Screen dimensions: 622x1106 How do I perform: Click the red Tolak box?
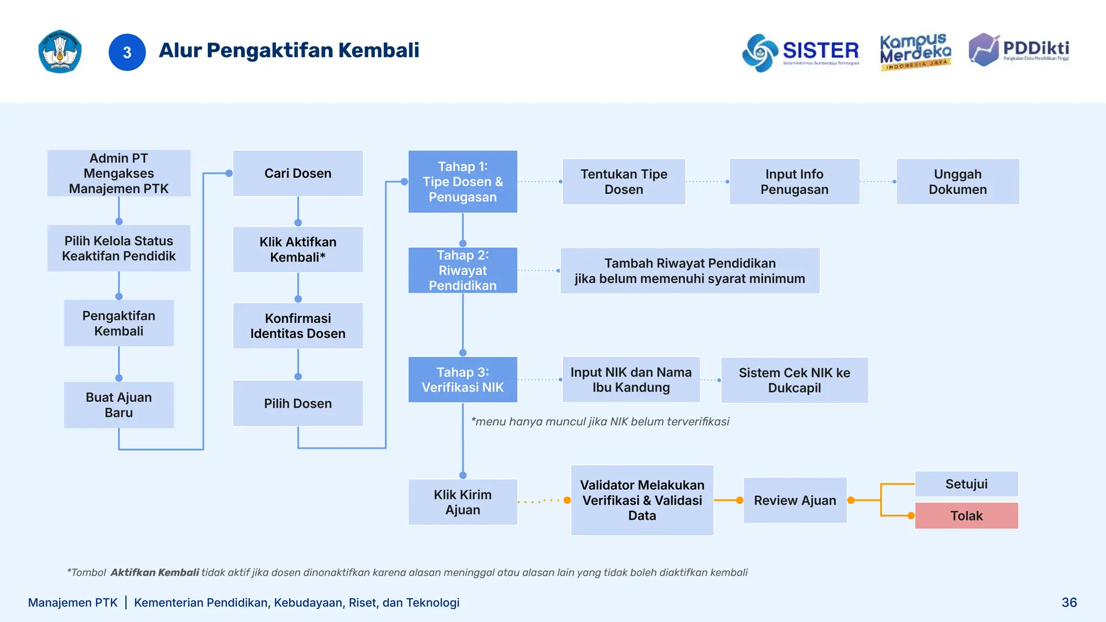(x=966, y=516)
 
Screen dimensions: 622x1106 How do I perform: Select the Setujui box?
(x=966, y=484)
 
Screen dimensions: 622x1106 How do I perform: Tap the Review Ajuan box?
(x=794, y=500)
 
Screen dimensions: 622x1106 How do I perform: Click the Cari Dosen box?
(x=298, y=173)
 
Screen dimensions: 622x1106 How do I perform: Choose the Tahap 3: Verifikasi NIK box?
(x=462, y=380)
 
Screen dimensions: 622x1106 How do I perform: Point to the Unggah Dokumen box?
(x=957, y=181)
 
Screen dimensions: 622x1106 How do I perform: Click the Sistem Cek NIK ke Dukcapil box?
(x=794, y=380)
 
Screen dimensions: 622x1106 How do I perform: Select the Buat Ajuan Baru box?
(x=119, y=405)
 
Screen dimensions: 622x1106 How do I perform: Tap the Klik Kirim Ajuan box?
(x=462, y=502)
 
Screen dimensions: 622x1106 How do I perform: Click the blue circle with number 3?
(x=127, y=52)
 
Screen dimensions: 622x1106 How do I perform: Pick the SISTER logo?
(x=800, y=52)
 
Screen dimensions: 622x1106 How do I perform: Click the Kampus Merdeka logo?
(x=915, y=52)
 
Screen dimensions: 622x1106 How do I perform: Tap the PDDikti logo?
(x=1019, y=50)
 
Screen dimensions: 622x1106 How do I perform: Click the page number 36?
(x=1069, y=603)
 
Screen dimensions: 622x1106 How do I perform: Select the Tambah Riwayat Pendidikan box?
(x=690, y=271)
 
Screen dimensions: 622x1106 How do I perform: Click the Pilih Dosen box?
(x=298, y=403)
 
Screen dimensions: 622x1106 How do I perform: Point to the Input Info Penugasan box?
(x=794, y=181)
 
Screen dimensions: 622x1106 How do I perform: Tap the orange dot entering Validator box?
(x=567, y=501)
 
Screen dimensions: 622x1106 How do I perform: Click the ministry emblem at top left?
(x=60, y=52)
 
